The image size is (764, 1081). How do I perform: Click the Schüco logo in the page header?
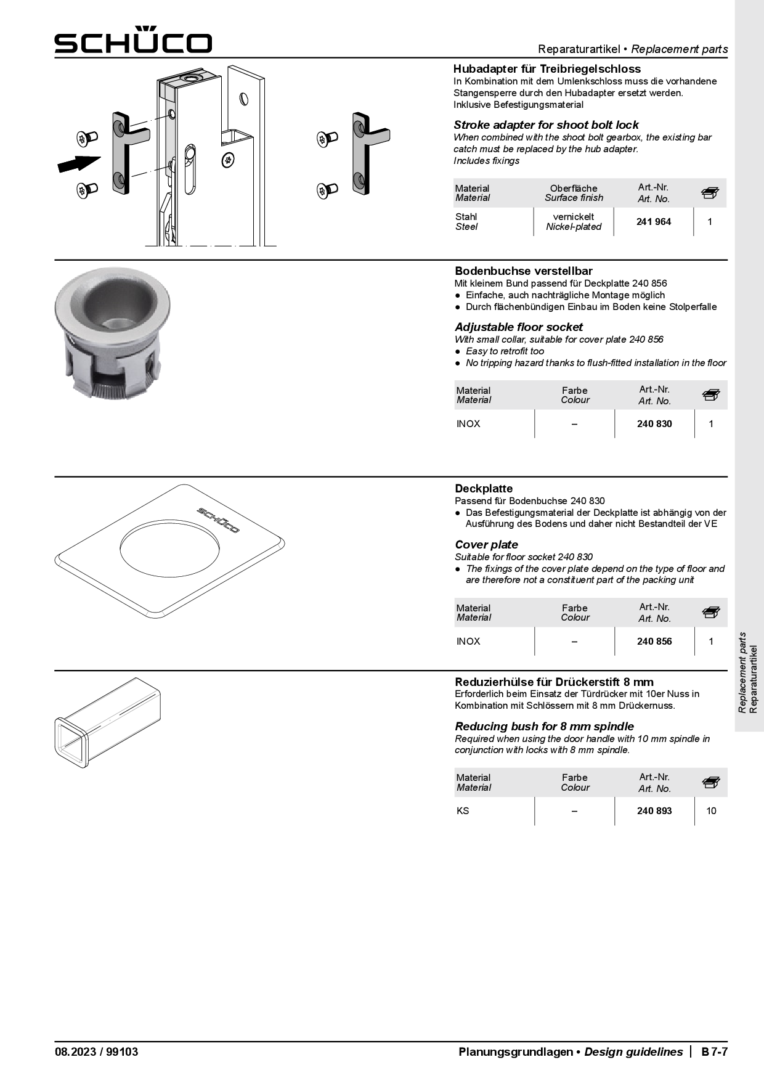pos(133,41)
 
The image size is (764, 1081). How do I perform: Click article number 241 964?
pos(653,222)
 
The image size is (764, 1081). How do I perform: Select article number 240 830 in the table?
pos(654,424)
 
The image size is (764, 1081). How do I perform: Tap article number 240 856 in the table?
pos(654,642)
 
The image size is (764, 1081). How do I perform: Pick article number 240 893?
pos(654,811)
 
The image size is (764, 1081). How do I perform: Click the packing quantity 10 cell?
pos(711,811)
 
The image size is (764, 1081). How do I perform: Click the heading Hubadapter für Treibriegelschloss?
pos(547,69)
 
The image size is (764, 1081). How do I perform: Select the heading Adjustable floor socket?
pos(518,327)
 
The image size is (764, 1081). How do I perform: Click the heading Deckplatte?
pos(483,489)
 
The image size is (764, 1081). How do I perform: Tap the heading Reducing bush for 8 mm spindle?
pos(544,727)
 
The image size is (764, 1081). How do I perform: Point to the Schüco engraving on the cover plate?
pos(218,520)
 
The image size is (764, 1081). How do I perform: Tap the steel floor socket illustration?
pos(112,332)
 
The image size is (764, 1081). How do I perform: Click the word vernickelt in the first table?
pos(573,217)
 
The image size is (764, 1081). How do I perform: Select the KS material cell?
pos(463,811)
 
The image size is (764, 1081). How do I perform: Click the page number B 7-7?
pos(714,1052)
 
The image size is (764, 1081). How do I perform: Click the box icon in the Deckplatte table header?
pos(710,613)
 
